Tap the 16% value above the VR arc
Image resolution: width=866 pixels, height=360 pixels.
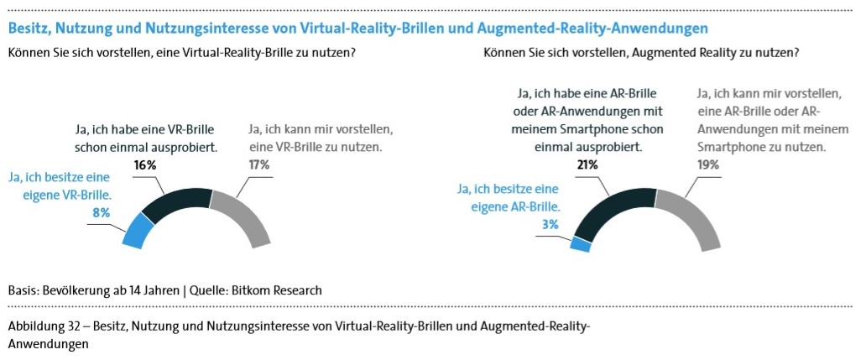click(145, 165)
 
